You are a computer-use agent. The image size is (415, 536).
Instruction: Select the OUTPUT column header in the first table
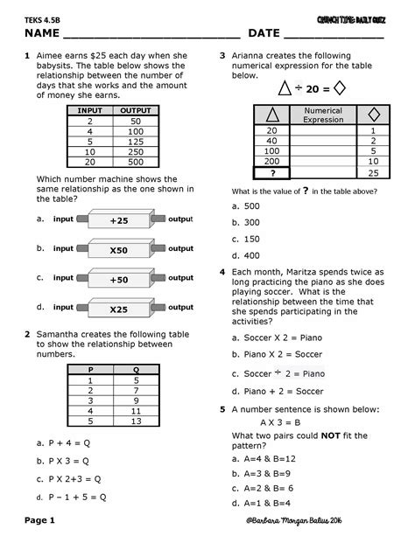[x=136, y=111]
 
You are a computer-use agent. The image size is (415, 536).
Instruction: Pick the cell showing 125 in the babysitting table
[x=136, y=141]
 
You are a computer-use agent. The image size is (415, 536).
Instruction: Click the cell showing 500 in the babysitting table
[x=136, y=161]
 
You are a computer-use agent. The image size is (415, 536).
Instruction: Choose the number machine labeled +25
[x=118, y=220]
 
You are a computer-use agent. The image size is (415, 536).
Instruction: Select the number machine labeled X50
[x=118, y=250]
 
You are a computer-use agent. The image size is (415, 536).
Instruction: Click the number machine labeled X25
[x=118, y=309]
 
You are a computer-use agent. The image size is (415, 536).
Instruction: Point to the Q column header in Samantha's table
[x=136, y=371]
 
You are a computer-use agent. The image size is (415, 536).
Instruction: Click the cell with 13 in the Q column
[x=136, y=421]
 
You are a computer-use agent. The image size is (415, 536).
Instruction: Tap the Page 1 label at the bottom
[x=41, y=521]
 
